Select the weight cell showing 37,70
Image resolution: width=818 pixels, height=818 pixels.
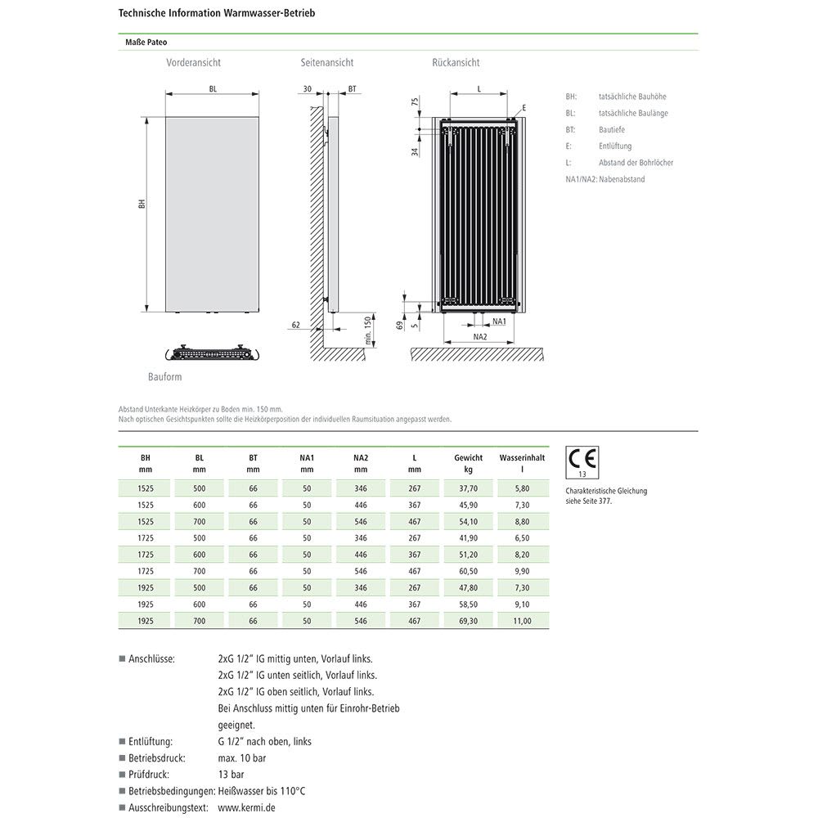468,488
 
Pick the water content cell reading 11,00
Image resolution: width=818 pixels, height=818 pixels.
522,621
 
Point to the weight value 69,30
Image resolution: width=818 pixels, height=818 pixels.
468,621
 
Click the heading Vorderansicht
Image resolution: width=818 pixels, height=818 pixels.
193,63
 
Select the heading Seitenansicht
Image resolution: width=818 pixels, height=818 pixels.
327,63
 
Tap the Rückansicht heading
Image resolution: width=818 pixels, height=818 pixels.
456,63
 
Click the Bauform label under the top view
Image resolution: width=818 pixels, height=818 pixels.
165,377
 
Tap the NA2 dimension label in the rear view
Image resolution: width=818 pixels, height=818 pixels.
480,336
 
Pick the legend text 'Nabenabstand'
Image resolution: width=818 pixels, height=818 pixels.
622,179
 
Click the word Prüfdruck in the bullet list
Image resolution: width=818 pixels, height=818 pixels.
151,774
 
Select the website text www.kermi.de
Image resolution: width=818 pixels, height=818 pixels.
245,807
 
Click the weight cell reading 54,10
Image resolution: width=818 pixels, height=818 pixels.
468,521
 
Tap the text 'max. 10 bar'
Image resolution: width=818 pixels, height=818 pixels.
242,757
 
